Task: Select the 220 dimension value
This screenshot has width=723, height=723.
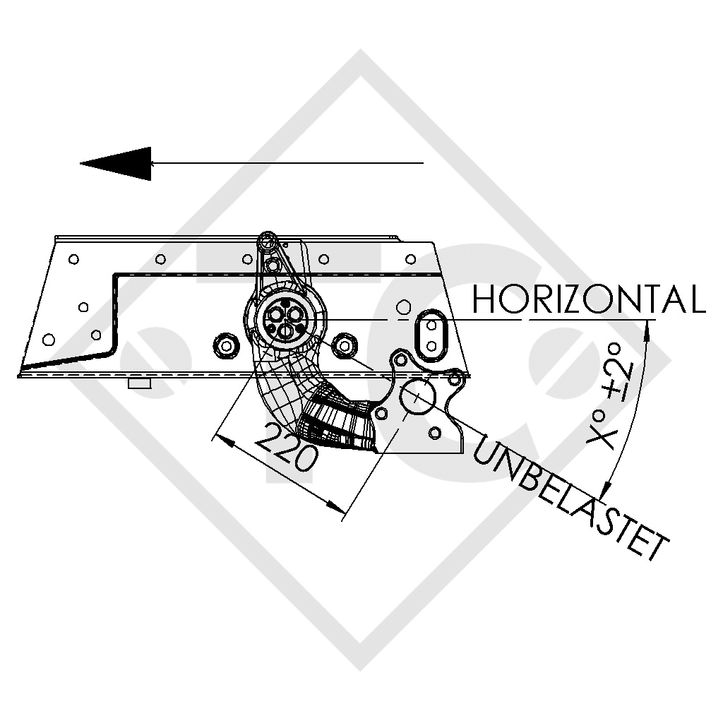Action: (x=284, y=449)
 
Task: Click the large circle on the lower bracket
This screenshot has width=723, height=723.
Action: (x=417, y=396)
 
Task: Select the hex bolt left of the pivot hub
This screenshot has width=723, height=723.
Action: (x=226, y=345)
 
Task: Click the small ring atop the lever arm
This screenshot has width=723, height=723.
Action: (x=268, y=241)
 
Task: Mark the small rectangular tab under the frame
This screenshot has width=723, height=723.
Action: (x=140, y=383)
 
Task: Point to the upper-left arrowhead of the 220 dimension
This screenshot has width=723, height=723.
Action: (x=220, y=439)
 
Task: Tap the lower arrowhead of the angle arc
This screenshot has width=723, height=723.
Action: (x=605, y=489)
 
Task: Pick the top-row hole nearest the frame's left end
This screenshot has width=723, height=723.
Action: (x=73, y=259)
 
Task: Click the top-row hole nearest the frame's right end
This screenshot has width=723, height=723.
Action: (x=410, y=258)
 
